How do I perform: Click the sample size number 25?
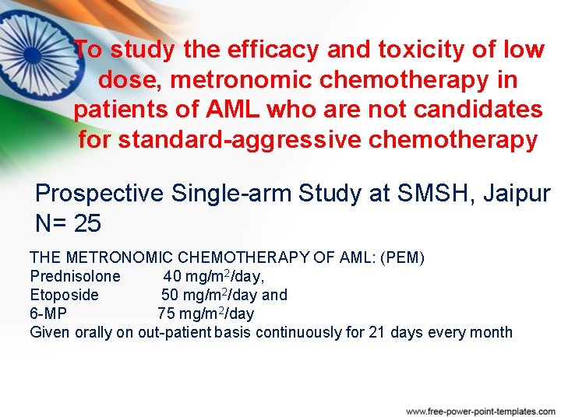[87, 224]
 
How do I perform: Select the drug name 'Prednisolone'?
[75, 276]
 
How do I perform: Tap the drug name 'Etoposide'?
[64, 295]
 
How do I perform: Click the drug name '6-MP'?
[48, 313]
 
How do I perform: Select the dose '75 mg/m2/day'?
[205, 313]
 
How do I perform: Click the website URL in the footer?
[481, 410]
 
